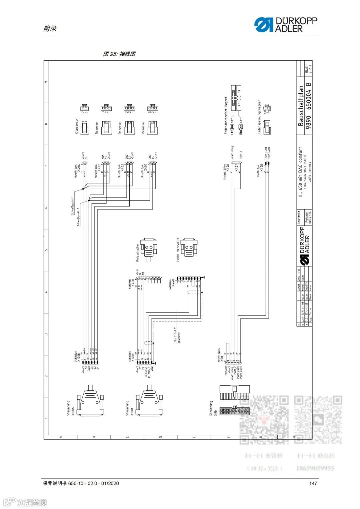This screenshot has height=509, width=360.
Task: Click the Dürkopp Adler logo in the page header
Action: click(286, 25)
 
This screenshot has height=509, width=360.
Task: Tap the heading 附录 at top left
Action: click(50, 29)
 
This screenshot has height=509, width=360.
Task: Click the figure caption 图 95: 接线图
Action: click(119, 54)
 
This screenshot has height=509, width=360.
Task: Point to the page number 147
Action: click(313, 483)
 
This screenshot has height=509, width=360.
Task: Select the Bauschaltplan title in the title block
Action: click(301, 106)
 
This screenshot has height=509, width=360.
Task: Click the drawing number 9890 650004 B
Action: click(309, 106)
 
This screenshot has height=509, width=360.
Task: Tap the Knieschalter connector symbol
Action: click(149, 248)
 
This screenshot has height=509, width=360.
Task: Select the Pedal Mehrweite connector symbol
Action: click(189, 248)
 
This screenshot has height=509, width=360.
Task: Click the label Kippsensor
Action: click(76, 127)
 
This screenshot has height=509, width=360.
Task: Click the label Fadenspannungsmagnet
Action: click(259, 117)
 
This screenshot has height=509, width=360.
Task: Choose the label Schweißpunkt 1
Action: click(73, 206)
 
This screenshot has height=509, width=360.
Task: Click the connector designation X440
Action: click(173, 283)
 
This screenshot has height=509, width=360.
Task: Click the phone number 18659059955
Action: click(315, 468)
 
